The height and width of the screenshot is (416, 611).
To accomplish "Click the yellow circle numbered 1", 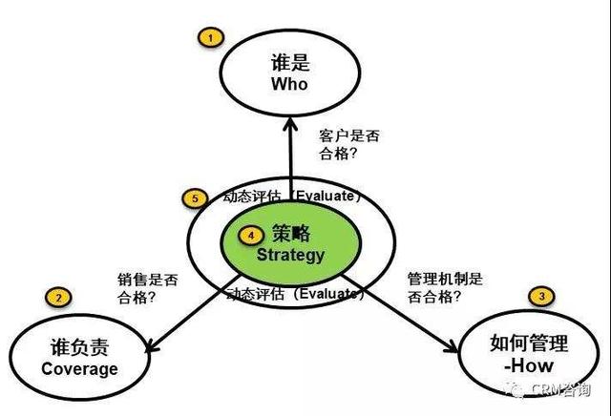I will coord(208,37).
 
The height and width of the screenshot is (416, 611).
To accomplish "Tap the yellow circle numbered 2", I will coord(59,299).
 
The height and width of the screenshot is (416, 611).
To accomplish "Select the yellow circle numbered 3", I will coord(542,297).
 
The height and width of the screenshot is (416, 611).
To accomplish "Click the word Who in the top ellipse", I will coord(290,84).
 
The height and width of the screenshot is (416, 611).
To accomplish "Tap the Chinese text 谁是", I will coord(290,61).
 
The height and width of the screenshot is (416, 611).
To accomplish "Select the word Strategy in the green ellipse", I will coord(291,255).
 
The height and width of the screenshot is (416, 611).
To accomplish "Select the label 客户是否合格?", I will coord(348,145).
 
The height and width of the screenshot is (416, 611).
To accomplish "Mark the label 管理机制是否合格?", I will coord(441,289).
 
